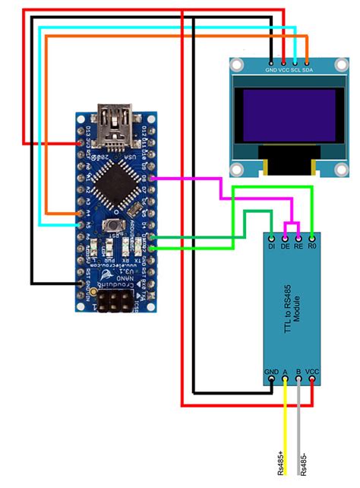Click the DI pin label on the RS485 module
tap(271, 246)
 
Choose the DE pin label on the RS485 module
tap(285, 246)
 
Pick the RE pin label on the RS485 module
tap(298, 246)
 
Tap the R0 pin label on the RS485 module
tap(311, 246)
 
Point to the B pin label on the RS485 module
tap(299, 372)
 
